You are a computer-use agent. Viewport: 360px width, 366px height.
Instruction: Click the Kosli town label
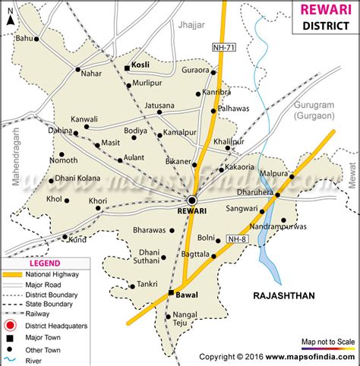[140, 67]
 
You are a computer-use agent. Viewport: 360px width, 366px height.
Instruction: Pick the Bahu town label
[25, 37]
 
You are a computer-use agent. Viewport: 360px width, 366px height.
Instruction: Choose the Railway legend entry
[46, 314]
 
